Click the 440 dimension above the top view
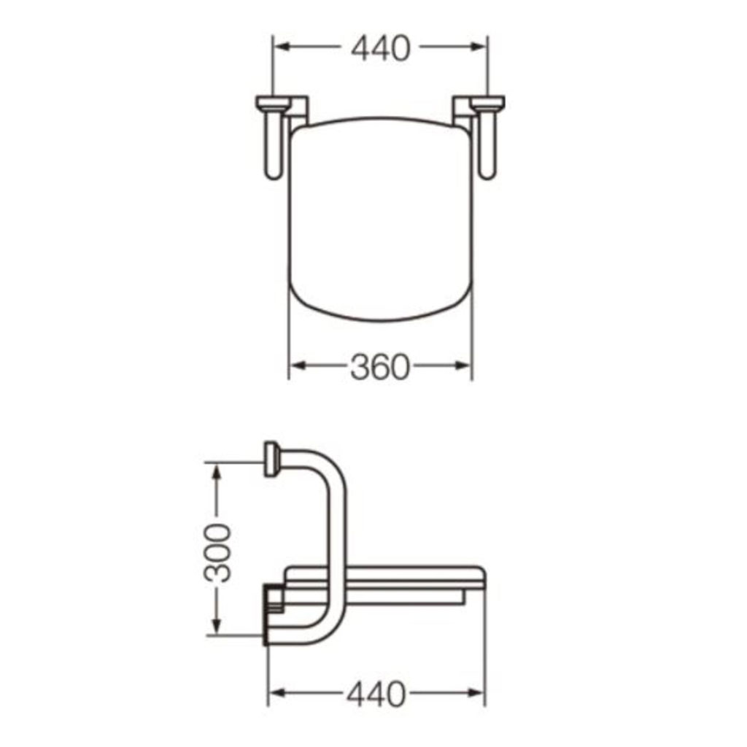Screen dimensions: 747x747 click(380, 47)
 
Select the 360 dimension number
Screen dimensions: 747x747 click(379, 367)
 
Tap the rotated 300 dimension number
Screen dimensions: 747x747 click(217, 553)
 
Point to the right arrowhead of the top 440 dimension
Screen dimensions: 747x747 click(477, 47)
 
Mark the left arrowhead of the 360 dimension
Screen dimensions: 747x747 click(298, 366)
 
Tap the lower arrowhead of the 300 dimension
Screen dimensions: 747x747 click(217, 625)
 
